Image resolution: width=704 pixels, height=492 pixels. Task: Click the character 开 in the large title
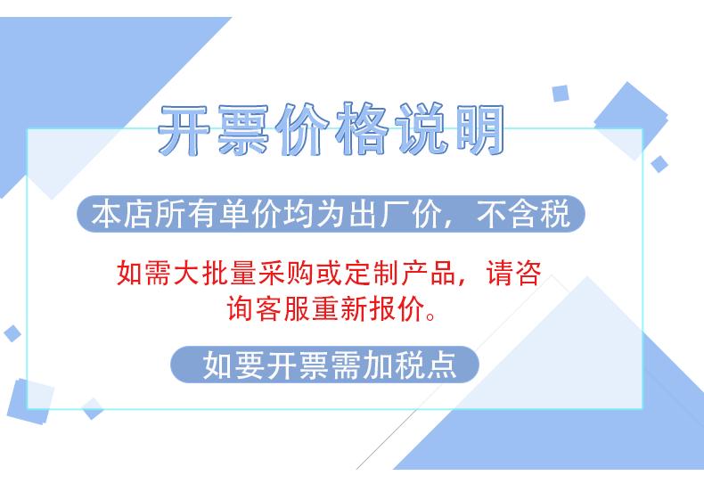pyautogui.click(x=184, y=130)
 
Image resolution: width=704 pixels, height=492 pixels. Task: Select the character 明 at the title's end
pyautogui.click(x=479, y=129)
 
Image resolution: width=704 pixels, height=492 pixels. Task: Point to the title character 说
pyautogui.click(x=422, y=129)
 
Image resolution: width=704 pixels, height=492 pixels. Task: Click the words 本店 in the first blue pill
pyautogui.click(x=121, y=214)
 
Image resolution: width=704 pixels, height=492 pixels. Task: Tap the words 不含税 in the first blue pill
pyautogui.click(x=523, y=214)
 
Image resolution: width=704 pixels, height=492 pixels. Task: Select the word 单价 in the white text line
pyautogui.click(x=250, y=214)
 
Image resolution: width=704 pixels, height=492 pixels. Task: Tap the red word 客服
pyautogui.click(x=269, y=308)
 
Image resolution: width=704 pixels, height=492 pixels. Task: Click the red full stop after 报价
pyautogui.click(x=430, y=316)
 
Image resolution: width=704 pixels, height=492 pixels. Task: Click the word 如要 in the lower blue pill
pyautogui.click(x=234, y=365)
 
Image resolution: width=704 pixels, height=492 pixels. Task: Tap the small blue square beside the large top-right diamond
pyautogui.click(x=561, y=94)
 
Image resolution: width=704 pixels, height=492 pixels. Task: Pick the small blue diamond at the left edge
pyautogui.click(x=12, y=333)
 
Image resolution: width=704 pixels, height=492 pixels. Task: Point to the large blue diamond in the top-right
pyautogui.click(x=631, y=120)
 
